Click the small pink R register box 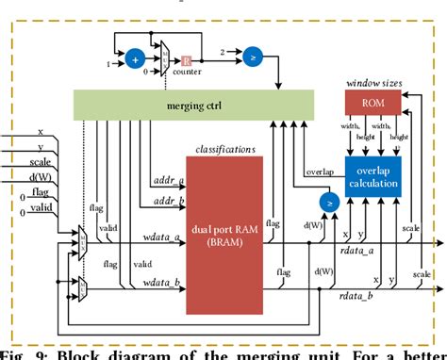(x=187, y=60)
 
